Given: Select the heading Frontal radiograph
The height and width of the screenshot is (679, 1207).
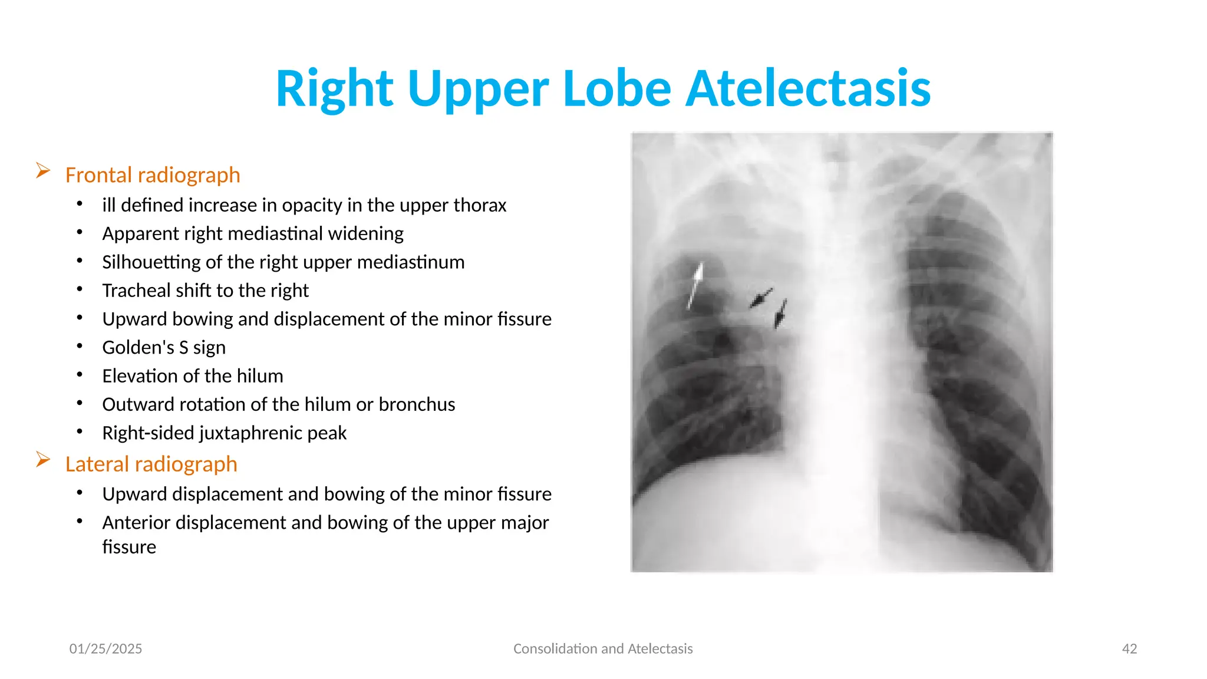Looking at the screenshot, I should (x=153, y=175).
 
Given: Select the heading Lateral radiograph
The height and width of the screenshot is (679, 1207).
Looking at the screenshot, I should (x=151, y=464).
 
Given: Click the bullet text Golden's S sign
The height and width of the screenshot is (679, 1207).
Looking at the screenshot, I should (x=164, y=348).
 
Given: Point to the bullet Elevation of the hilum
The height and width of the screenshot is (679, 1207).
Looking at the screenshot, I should (x=193, y=376).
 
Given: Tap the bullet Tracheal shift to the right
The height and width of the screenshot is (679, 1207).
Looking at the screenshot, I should (x=205, y=291).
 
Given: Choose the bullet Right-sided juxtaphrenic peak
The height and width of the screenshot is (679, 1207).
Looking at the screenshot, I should (x=224, y=433).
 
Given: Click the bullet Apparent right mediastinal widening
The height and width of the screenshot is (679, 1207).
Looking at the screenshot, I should (x=253, y=233).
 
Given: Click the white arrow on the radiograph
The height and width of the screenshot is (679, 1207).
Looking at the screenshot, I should (x=695, y=285).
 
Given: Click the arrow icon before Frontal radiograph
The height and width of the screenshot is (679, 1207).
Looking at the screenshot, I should (x=43, y=171).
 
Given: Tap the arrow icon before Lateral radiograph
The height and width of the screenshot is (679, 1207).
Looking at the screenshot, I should (x=43, y=460).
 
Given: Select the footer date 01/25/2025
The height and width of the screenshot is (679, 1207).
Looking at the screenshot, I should (x=105, y=649).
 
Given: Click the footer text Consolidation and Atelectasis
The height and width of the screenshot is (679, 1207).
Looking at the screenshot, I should (x=603, y=649).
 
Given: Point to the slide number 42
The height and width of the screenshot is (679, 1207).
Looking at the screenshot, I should (x=1129, y=649).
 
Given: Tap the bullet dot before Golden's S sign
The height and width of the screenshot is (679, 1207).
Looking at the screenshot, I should (x=80, y=347).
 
